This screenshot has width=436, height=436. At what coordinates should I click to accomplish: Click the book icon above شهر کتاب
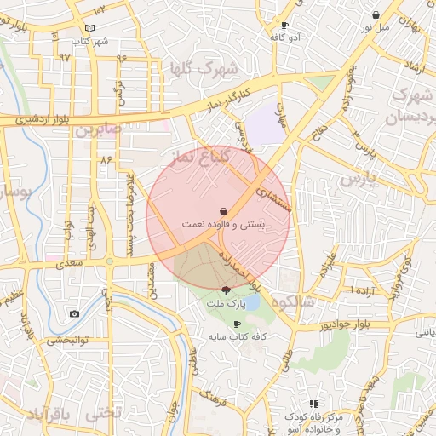89,29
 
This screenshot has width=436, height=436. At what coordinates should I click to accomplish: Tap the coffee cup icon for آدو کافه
284,26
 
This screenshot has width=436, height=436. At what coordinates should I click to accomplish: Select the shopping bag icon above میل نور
376,14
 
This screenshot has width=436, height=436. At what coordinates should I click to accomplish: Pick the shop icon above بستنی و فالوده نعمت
223,210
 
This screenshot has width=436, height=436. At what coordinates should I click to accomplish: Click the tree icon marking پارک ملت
225,291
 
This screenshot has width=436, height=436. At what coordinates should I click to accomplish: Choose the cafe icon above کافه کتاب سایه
237,324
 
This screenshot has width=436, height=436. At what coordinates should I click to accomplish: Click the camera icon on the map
74,314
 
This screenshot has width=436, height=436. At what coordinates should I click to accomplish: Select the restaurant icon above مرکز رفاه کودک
313,404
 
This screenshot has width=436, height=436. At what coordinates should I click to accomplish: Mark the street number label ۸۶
106,159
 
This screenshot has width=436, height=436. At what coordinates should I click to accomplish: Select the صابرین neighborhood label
99,130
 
